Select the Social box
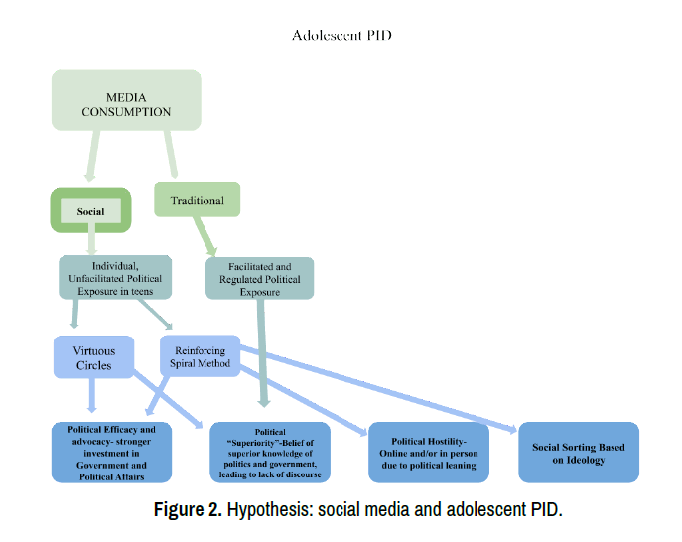[90, 210]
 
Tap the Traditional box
[197, 200]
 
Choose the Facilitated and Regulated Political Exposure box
[260, 279]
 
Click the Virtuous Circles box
[93, 357]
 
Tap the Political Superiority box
[271, 453]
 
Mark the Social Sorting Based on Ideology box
[578, 453]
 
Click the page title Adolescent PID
[341, 36]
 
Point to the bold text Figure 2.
[187, 512]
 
